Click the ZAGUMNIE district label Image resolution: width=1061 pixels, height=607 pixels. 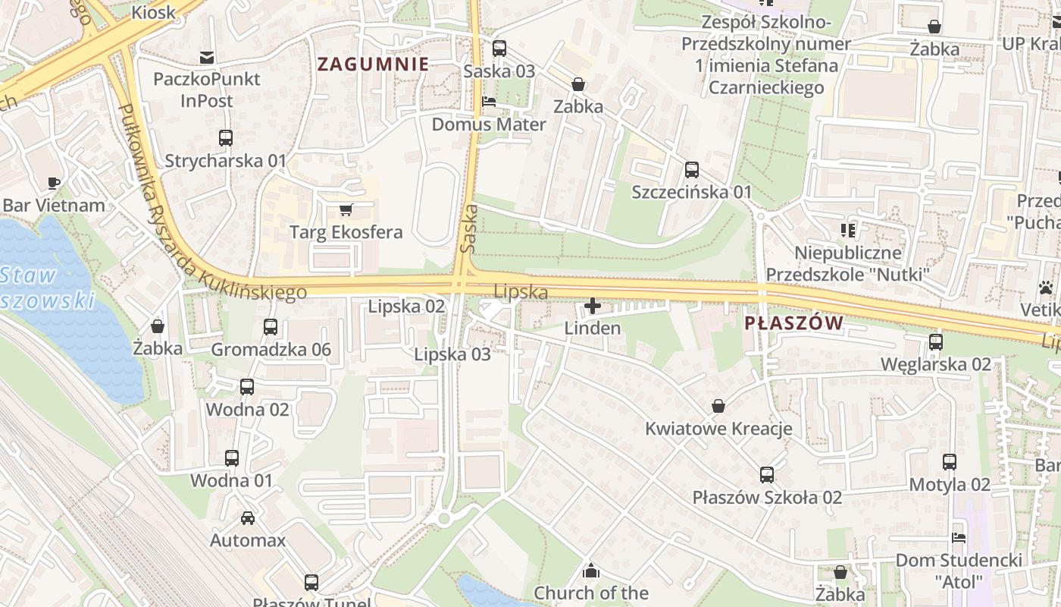tap(373, 64)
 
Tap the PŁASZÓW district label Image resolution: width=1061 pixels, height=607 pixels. tap(793, 324)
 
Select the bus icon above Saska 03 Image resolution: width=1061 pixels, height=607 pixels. tap(499, 49)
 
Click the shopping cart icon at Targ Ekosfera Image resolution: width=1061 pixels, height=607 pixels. tap(346, 209)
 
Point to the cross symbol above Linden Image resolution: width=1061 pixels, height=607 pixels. tap(593, 307)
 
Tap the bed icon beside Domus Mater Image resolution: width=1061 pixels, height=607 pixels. tap(489, 102)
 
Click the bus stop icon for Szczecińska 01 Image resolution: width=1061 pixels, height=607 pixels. tap(691, 170)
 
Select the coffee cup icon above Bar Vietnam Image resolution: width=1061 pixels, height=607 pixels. tap(54, 183)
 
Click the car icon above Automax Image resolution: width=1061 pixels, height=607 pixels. tap(248, 518)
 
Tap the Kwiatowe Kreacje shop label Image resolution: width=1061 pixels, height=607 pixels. tap(718, 429)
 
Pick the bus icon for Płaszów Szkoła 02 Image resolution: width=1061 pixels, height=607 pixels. tap(767, 475)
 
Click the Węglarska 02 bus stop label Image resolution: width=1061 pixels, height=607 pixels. tap(935, 364)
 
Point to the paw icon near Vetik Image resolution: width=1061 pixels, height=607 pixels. tap(1047, 288)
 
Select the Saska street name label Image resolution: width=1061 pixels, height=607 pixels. tap(468, 228)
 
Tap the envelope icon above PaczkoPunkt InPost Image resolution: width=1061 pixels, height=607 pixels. tap(206, 57)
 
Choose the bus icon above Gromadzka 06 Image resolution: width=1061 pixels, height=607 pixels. tap(271, 327)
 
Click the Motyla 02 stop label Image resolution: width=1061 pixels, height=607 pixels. tap(949, 484)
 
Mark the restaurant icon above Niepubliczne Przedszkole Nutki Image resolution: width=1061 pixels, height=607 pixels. tap(847, 230)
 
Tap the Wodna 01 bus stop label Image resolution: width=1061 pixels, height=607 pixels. tap(231, 480)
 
